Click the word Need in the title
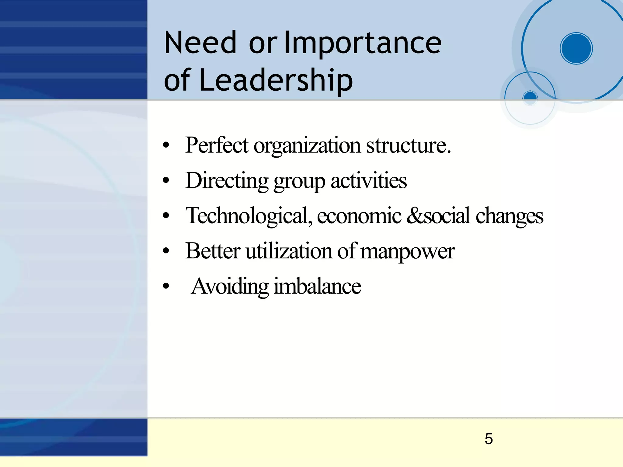(200, 43)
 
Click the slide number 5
(489, 439)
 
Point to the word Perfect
(217, 145)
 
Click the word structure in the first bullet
(408, 146)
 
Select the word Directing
(227, 181)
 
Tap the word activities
(368, 180)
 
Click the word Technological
(249, 216)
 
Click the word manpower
(407, 252)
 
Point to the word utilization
(289, 251)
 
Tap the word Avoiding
(230, 287)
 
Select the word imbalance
(317, 286)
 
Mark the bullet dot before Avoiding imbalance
(166, 286)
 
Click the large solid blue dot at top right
(576, 48)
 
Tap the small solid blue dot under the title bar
(530, 97)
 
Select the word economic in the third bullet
(359, 216)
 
